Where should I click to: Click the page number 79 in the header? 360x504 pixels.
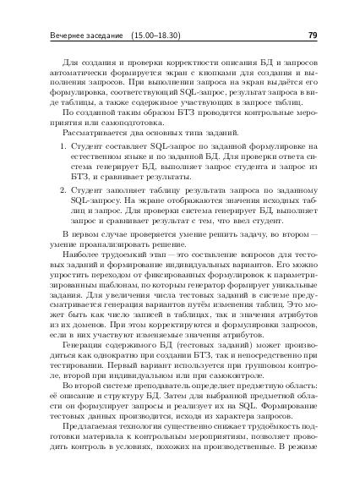(x=312, y=36)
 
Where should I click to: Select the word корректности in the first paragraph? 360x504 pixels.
(x=178, y=63)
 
